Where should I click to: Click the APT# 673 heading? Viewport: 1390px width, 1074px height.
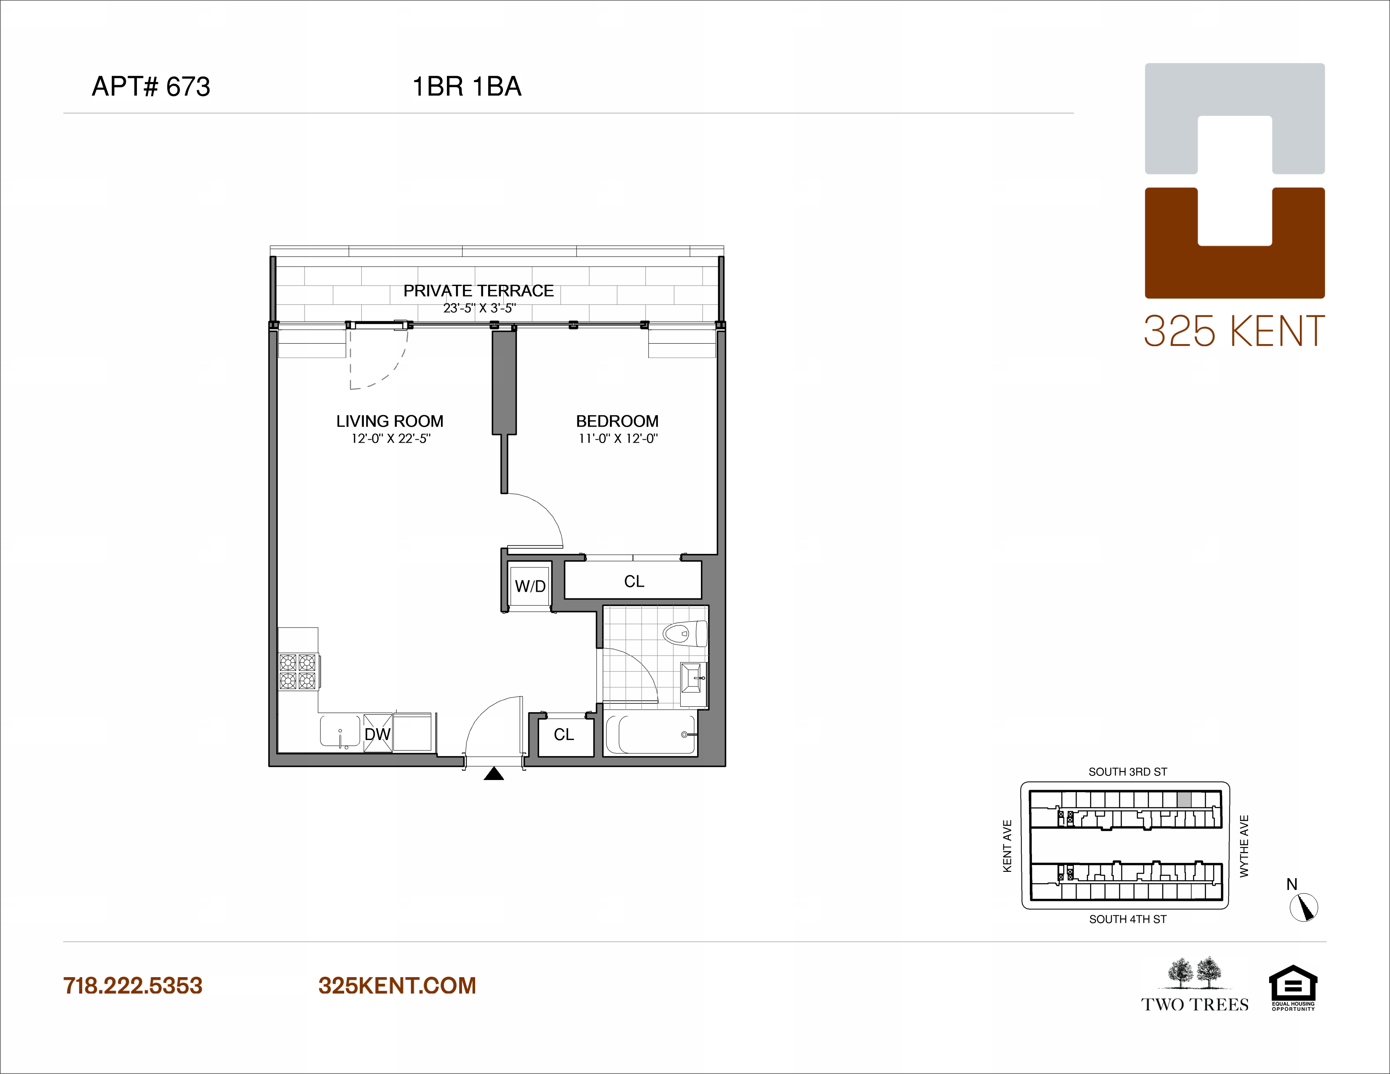[x=151, y=86]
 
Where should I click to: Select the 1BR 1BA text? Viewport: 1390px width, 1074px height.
[x=467, y=86]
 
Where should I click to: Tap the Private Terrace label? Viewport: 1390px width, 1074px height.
[x=478, y=291]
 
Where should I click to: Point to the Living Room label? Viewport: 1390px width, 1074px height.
[x=390, y=421]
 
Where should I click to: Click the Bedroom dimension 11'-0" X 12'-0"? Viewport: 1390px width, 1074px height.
[x=617, y=438]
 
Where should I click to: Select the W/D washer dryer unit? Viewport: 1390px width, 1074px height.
[x=529, y=586]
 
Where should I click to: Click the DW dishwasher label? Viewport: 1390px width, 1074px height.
[x=377, y=734]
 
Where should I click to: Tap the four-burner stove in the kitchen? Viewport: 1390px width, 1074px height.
[x=298, y=671]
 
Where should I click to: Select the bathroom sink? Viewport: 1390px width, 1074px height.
[x=692, y=678]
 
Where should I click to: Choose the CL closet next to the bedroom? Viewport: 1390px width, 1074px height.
[x=634, y=581]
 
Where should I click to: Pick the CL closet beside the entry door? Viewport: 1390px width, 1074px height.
[x=564, y=734]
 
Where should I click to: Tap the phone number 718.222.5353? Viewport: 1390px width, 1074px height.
[x=132, y=986]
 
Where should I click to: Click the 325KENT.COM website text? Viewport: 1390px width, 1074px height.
[x=397, y=986]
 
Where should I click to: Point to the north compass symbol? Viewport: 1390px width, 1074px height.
[x=1304, y=907]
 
